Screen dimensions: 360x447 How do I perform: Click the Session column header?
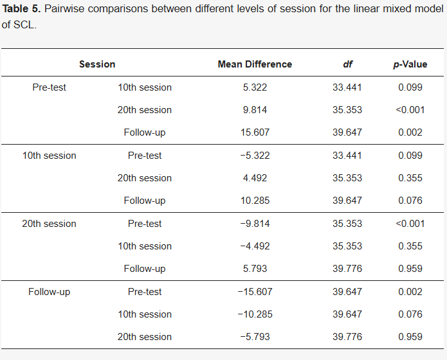pos(97,64)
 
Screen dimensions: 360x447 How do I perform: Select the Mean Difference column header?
pos(255,64)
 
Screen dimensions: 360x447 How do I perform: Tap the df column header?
pos(347,64)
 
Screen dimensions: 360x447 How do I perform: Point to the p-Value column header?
pos(410,64)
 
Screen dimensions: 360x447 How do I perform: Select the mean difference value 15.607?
pos(255,132)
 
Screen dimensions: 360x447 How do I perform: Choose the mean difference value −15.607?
pos(255,292)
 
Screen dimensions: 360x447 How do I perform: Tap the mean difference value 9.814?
pos(255,110)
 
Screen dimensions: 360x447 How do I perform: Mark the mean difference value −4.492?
pos(255,246)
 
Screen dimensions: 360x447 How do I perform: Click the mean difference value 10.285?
pos(255,201)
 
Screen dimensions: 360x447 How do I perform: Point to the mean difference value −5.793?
pos(255,337)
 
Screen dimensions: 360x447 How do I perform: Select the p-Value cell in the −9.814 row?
pos(410,224)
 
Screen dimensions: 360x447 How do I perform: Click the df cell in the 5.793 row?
pos(347,269)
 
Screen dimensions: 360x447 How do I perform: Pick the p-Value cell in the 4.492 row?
pos(410,178)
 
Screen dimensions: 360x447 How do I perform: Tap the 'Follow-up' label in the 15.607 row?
pos(145,132)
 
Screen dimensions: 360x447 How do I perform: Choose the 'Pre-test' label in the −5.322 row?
pos(145,156)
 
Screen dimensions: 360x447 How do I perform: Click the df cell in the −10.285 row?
pos(347,314)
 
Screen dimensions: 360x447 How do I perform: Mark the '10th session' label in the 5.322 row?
pos(145,87)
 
